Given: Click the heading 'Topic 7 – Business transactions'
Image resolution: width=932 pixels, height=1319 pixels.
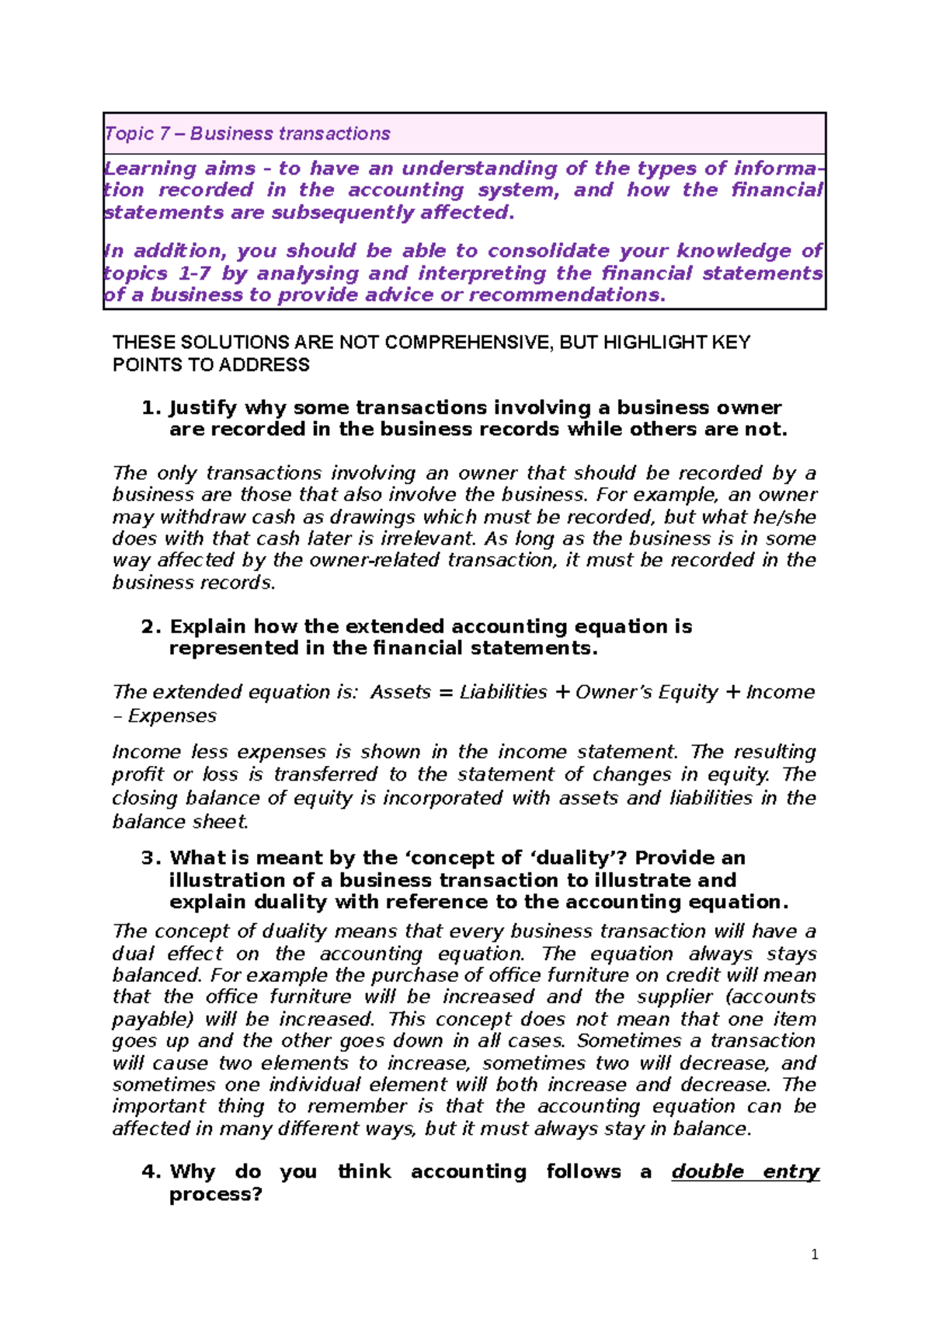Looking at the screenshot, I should [x=247, y=134].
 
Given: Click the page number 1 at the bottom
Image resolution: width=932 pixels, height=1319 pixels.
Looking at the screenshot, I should [x=814, y=1255].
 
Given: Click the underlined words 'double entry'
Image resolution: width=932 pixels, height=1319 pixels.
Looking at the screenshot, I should [x=745, y=1172].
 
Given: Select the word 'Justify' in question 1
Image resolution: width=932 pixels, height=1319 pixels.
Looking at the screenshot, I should [x=203, y=408].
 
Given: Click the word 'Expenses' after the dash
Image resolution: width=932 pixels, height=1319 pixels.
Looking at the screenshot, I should [x=172, y=716].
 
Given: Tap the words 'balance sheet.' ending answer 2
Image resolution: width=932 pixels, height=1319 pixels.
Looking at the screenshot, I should [x=180, y=822].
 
